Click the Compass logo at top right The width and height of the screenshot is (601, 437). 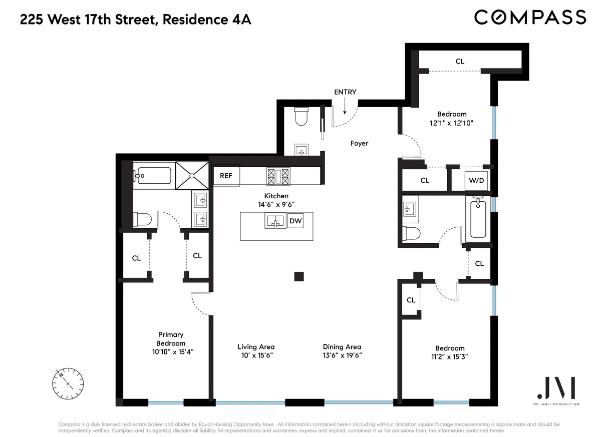(x=530, y=17)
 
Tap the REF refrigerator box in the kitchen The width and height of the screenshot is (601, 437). (x=226, y=176)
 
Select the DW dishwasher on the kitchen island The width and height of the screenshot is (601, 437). (x=295, y=220)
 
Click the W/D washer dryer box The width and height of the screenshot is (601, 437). (x=476, y=180)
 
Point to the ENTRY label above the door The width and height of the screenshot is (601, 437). (x=345, y=92)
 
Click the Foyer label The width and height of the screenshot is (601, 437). (x=359, y=143)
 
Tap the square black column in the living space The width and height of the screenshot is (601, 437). (x=299, y=276)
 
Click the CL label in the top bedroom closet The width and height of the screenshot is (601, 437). (x=460, y=61)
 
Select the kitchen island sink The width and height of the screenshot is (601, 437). (x=275, y=220)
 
